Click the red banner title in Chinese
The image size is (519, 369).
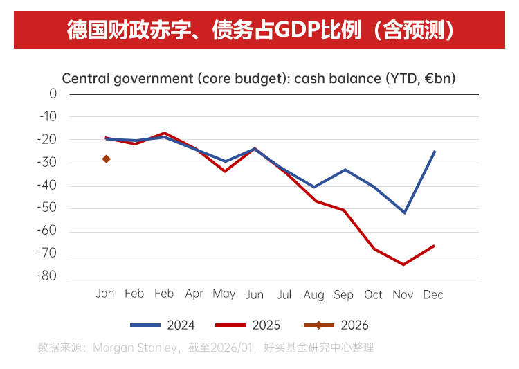coord(259,30)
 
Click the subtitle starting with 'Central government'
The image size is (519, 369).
coord(258,78)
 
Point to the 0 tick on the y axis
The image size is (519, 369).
coord(53,93)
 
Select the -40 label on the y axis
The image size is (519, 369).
coord(48,186)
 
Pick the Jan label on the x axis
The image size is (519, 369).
coord(104,294)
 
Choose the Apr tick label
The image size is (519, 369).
coord(194,294)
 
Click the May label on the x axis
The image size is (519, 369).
coord(224,294)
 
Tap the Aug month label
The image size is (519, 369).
coord(313,295)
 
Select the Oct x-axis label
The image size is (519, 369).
coord(373,294)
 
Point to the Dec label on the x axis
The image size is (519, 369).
coord(432,294)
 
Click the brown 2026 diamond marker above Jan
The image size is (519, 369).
coord(107,159)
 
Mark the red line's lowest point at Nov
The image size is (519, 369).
coord(403,264)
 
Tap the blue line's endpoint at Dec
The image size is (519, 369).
coord(434,151)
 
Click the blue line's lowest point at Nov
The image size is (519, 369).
coord(404,213)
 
